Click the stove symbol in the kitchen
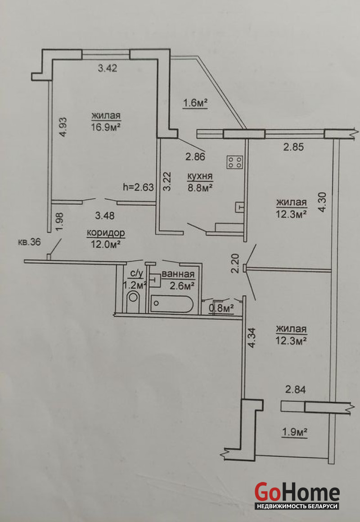pyautogui.click(x=235, y=162)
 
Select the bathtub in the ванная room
pyautogui.click(x=172, y=304)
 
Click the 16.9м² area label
pyautogui.click(x=106, y=127)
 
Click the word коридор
pyautogui.click(x=106, y=233)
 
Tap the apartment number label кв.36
pyautogui.click(x=29, y=242)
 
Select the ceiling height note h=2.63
pyautogui.click(x=139, y=187)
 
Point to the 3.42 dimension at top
pyautogui.click(x=108, y=68)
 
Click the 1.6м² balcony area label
pyautogui.click(x=195, y=103)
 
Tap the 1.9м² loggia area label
pyautogui.click(x=294, y=432)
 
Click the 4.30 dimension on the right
pyautogui.click(x=322, y=202)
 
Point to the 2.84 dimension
pyautogui.click(x=295, y=389)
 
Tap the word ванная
pyautogui.click(x=178, y=274)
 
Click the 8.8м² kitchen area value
pyautogui.click(x=200, y=188)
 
